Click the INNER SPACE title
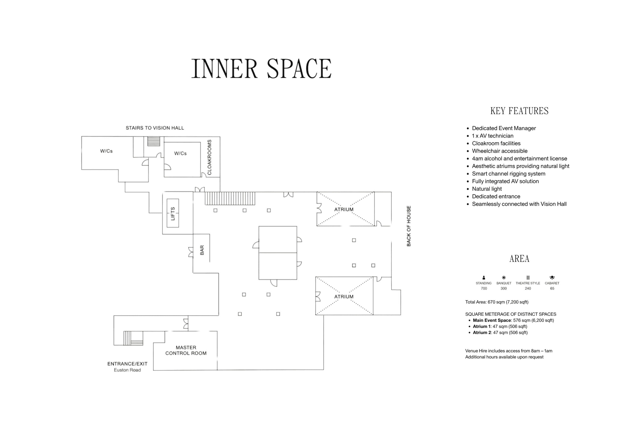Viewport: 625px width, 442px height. [261, 69]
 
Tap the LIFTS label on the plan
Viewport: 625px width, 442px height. [173, 213]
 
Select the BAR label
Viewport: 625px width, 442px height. [202, 250]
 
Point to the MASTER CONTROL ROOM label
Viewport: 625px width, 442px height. [186, 350]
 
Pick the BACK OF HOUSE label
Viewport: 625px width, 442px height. [409, 226]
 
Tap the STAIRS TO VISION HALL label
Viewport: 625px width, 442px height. [155, 128]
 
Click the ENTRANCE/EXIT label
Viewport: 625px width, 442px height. [127, 364]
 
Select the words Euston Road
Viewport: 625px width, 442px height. [127, 370]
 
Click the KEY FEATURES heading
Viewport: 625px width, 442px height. [519, 111]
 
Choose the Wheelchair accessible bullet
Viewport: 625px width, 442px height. [500, 151]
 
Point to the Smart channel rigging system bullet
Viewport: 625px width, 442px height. [509, 174]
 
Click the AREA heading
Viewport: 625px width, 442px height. [519, 258]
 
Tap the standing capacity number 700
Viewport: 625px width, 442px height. [484, 288]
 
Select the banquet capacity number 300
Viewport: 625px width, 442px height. [504, 288]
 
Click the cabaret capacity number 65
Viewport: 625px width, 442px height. [552, 288]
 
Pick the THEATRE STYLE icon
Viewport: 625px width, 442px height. [528, 277]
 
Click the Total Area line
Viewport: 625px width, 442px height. [497, 302]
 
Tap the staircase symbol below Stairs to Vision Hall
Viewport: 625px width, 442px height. [154, 141]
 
